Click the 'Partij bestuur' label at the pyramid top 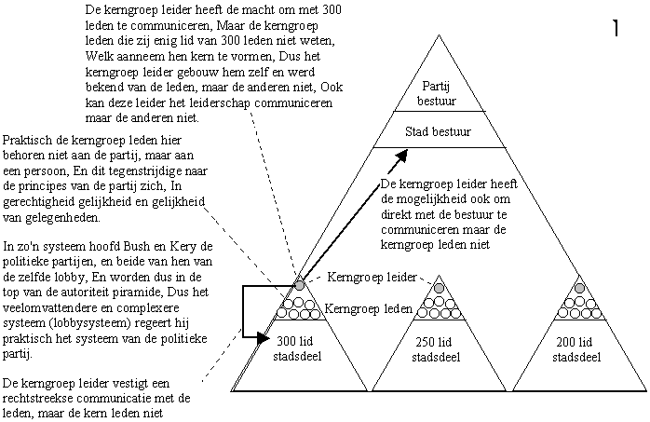[x=437, y=93]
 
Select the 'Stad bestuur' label [x=439, y=132]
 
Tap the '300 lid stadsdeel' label [x=296, y=348]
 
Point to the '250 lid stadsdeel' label [x=436, y=349]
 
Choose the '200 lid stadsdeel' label [x=576, y=349]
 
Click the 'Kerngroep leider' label [x=372, y=277]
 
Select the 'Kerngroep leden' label [x=368, y=309]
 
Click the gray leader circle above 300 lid [x=299, y=285]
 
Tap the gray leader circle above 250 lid [x=439, y=288]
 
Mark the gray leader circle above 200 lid [x=579, y=288]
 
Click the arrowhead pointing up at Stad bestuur [x=401, y=156]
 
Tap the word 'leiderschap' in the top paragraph [x=218, y=103]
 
